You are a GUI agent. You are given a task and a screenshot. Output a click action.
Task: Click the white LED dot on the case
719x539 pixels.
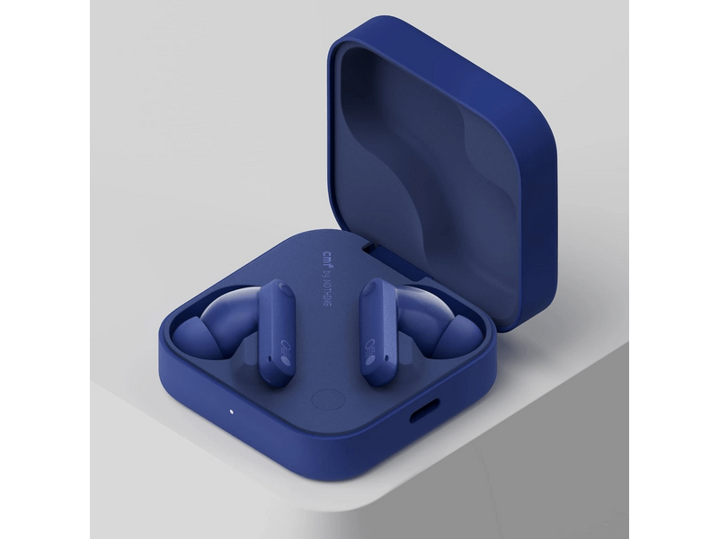pos(232,412)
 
